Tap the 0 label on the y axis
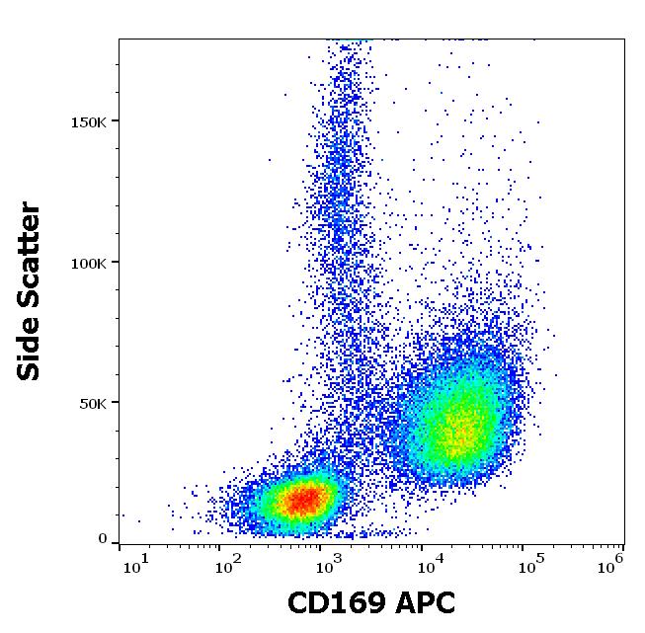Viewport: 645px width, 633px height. point(102,539)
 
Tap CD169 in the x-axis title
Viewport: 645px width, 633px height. point(331,603)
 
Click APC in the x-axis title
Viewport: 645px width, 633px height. point(422,603)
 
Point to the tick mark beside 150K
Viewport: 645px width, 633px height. point(116,121)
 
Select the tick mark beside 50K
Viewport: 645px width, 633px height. point(116,403)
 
